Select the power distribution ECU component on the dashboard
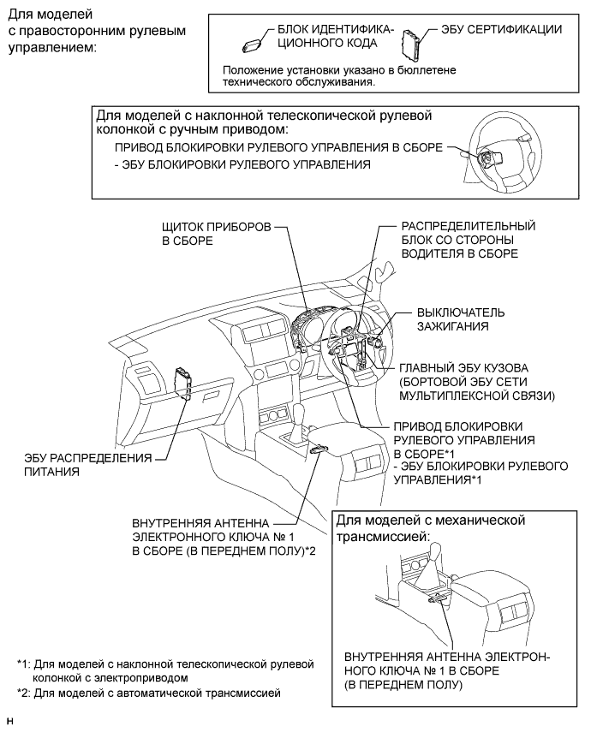pos(182,383)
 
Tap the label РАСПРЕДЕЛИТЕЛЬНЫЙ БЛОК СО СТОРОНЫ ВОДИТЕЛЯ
pos(468,240)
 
